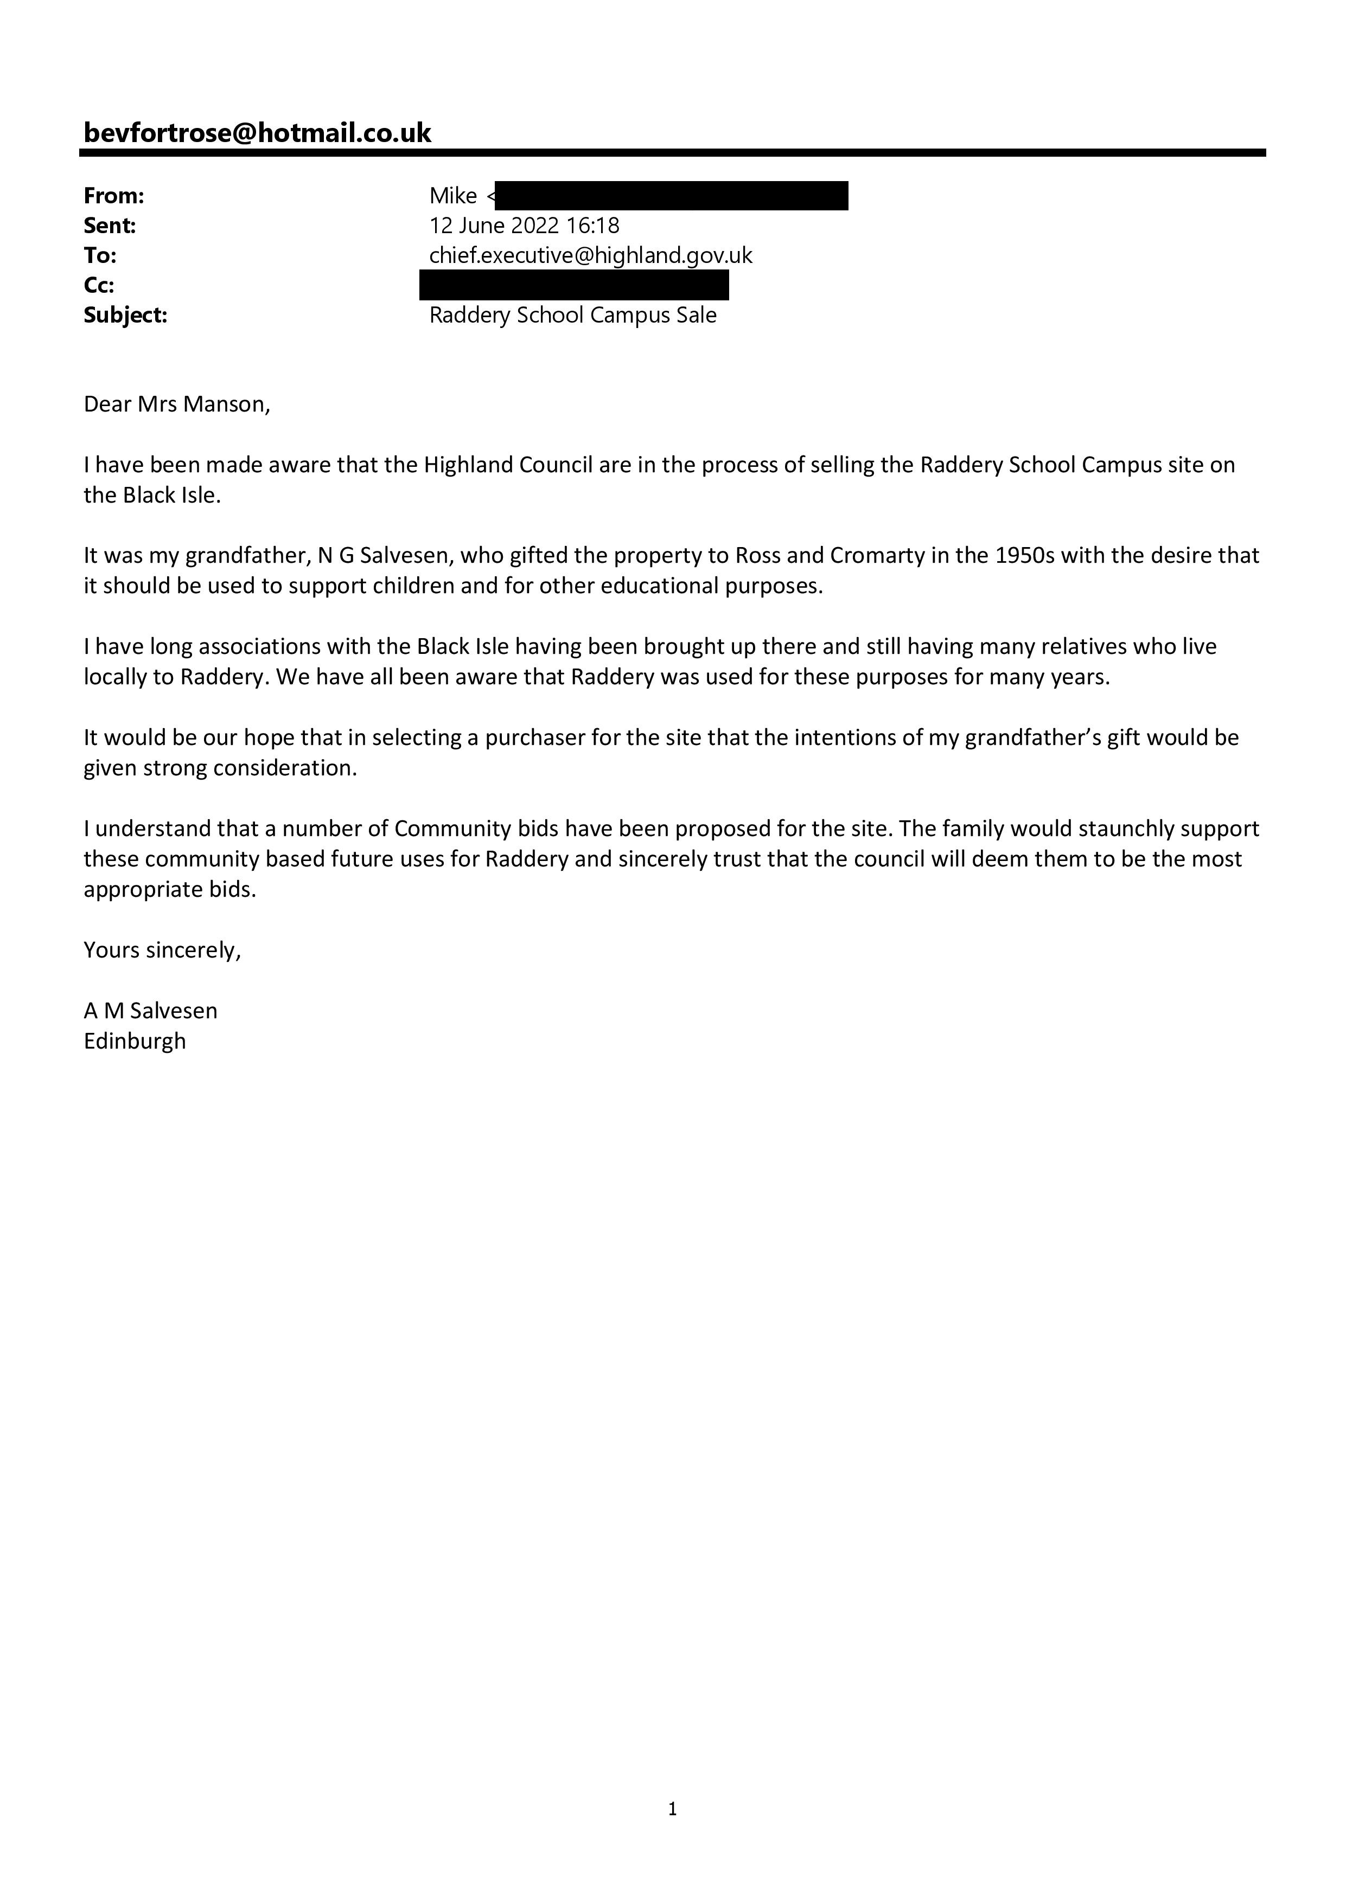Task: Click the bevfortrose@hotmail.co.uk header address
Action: tap(257, 133)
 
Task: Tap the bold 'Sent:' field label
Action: tap(110, 226)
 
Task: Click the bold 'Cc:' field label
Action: tap(99, 286)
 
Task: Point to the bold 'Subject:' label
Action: tap(125, 316)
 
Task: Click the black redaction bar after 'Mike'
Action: tap(671, 196)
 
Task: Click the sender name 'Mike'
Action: tap(452, 196)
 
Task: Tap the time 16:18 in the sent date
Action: tap(592, 226)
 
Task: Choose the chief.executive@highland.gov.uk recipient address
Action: tap(590, 256)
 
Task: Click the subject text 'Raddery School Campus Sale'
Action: tap(573, 316)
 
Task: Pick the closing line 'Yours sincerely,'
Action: tap(162, 950)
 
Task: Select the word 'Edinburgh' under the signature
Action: tap(135, 1042)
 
